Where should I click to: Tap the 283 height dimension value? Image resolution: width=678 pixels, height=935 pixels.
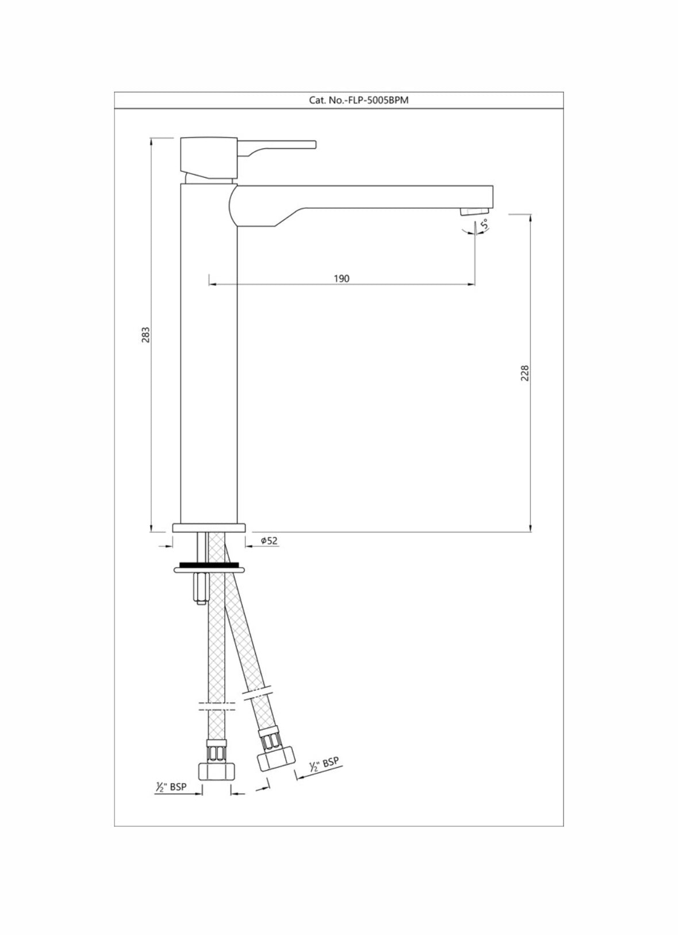click(145, 335)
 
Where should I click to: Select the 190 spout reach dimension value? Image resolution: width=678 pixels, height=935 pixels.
click(342, 278)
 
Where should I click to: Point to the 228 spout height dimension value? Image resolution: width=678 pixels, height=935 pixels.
click(525, 373)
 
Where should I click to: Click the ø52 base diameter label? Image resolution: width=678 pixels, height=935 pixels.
click(269, 541)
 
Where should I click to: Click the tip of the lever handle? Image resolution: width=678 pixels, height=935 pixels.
click(315, 144)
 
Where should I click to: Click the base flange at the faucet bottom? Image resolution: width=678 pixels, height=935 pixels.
click(209, 528)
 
